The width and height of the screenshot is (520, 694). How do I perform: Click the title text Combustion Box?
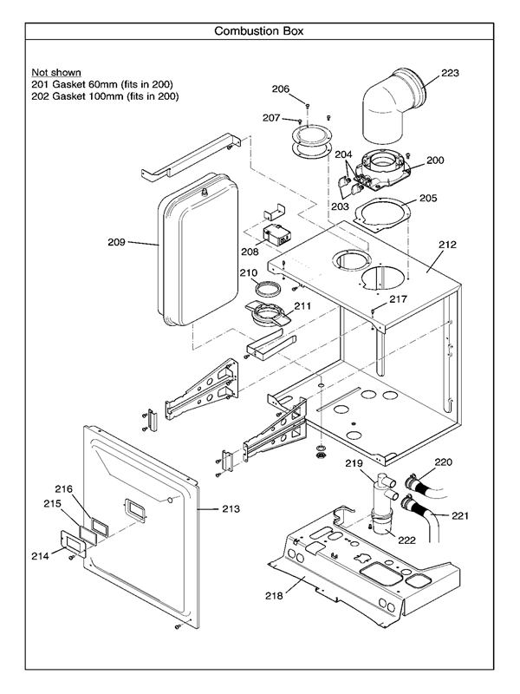coord(259,31)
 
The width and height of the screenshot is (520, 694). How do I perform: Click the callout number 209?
coord(114,242)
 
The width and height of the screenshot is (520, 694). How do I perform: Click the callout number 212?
coord(446,246)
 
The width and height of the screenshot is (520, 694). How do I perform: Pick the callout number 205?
coord(428,198)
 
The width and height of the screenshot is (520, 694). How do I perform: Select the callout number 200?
coord(435,160)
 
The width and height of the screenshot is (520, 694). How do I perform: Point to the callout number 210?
coord(250,273)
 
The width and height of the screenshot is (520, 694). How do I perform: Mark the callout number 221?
coord(460,516)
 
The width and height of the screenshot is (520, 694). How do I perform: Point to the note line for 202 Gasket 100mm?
coord(104,96)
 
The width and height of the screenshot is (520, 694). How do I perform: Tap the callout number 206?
coord(280,88)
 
